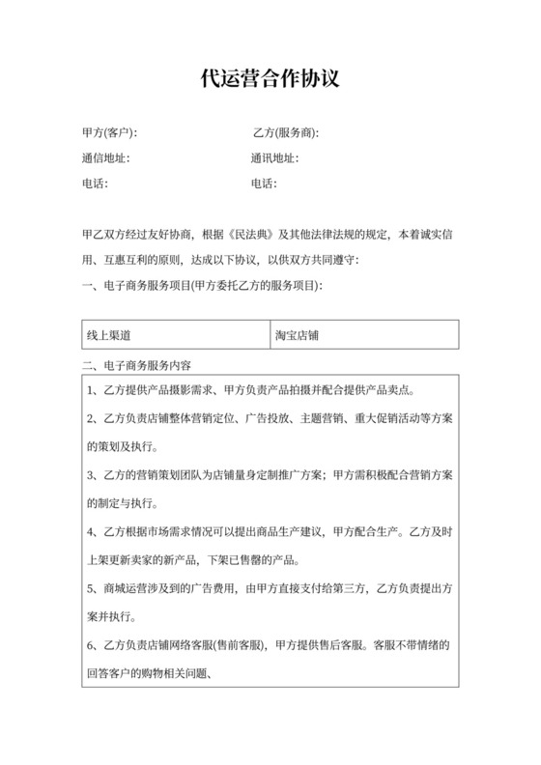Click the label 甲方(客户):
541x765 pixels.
109,132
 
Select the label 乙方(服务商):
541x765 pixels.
285,132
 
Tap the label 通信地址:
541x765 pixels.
105,158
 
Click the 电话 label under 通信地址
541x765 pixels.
95,184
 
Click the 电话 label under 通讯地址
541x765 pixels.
264,184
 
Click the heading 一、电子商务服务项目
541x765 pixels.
203,286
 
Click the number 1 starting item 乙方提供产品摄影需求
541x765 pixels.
90,391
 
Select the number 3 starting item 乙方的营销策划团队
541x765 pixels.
90,475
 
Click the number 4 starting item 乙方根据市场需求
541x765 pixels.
90,531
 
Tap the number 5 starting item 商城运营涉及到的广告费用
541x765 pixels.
90,587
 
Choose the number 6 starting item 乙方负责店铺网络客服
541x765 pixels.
90,643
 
